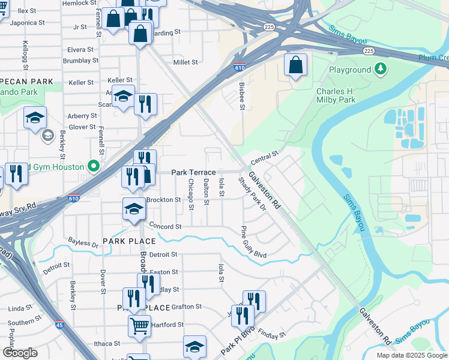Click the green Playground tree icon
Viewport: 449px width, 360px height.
380,70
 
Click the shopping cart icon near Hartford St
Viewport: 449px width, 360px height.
139,326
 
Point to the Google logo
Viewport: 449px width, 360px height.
20,353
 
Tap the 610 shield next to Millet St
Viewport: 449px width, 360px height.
240,68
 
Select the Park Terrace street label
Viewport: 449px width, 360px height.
193,172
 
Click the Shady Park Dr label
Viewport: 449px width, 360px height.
252,194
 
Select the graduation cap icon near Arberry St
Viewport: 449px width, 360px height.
35,118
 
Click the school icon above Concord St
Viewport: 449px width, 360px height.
134,208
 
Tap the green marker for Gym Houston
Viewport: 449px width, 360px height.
93,166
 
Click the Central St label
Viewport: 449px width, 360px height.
265,158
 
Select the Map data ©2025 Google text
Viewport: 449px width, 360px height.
411,355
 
